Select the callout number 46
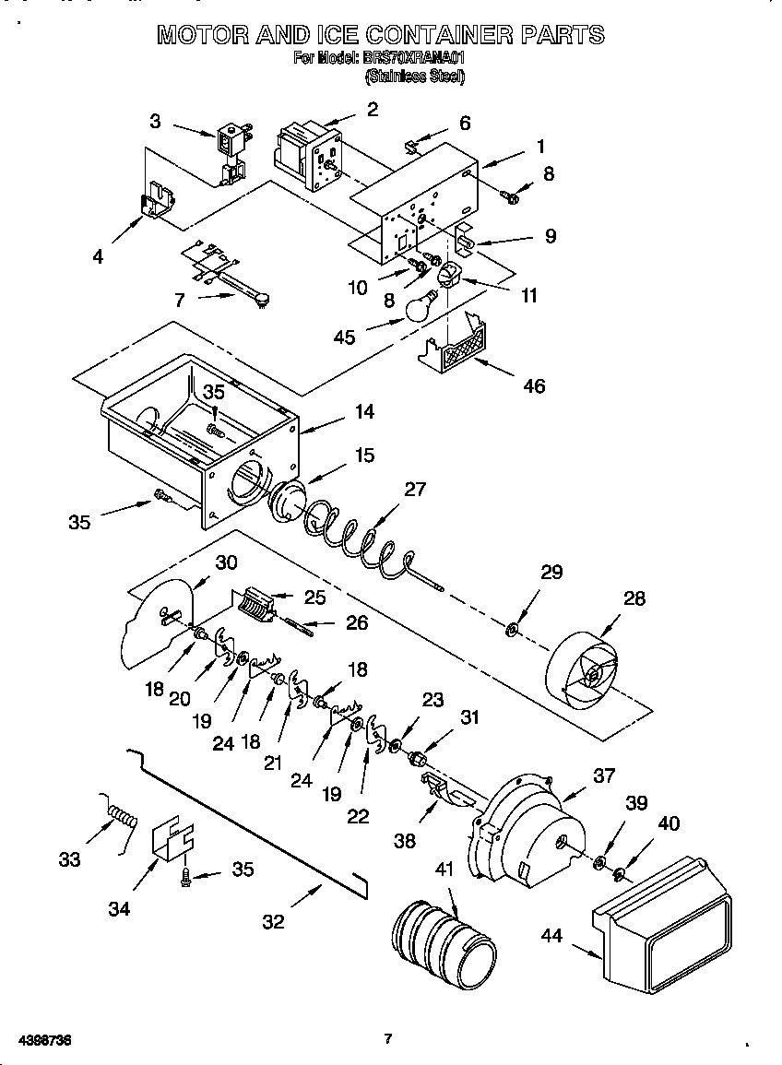[534, 385]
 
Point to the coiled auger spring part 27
[360, 544]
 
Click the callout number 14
[364, 412]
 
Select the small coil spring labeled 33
[122, 815]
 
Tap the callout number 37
[603, 776]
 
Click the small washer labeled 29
[512, 632]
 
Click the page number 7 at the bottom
[388, 1039]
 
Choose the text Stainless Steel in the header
[415, 77]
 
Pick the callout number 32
[274, 920]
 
